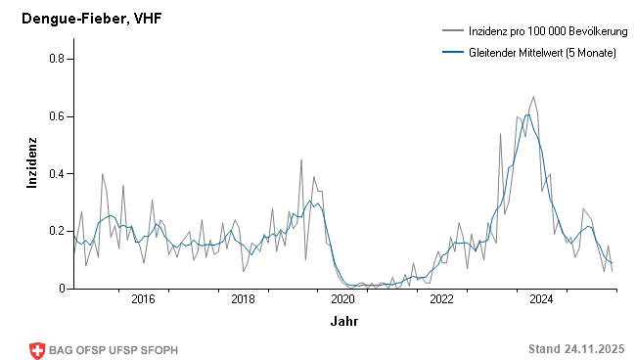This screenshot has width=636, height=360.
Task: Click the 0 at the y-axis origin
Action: (61, 289)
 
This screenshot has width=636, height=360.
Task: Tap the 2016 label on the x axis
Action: (143, 299)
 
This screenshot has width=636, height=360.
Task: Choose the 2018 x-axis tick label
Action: (243, 299)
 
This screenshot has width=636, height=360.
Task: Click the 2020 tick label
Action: (342, 299)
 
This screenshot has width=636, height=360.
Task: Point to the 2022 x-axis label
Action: (441, 299)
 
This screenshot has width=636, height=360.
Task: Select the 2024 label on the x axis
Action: (541, 299)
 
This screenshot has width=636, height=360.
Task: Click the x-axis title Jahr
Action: (343, 321)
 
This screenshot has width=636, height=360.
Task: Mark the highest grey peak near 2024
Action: (533, 97)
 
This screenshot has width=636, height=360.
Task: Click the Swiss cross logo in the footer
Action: (38, 349)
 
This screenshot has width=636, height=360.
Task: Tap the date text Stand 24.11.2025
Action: (576, 349)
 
